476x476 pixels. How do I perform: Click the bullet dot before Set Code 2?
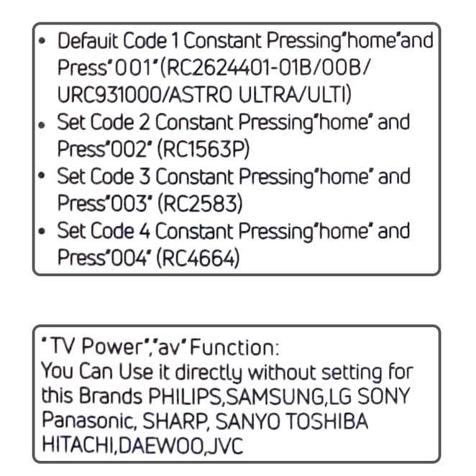pos(44,123)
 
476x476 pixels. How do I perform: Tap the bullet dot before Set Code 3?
pos(44,177)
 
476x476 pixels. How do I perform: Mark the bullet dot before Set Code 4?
pos(44,232)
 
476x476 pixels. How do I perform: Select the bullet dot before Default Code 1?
pos(44,41)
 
